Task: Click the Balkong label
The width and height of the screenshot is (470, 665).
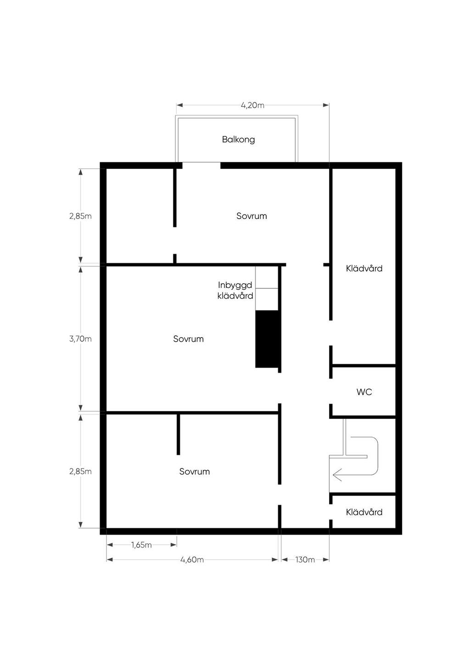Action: point(238,140)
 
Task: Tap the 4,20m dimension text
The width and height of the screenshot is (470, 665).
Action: point(252,105)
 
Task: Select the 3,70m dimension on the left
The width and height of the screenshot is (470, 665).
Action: point(80,339)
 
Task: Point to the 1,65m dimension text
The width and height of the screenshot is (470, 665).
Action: point(141,545)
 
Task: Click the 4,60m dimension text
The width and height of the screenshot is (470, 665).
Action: point(192,560)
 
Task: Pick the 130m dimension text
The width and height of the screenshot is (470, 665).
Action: point(305,560)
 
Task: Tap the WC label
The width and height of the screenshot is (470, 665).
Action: point(364,392)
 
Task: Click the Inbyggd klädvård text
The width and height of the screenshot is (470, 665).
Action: point(235,290)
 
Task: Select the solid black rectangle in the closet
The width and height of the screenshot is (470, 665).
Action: point(267,339)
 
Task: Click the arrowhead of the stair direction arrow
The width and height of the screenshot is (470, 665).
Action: point(336,475)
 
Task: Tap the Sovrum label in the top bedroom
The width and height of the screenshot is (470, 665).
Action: point(252,216)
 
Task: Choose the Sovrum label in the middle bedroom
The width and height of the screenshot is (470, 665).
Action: point(189,339)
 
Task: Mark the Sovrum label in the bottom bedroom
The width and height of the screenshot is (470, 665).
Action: point(194,472)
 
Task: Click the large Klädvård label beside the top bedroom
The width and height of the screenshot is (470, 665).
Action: point(364,268)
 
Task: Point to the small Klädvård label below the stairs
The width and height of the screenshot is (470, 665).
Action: point(364,512)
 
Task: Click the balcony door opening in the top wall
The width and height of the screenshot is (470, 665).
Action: point(201,165)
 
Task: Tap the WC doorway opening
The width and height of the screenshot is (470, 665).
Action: point(331,391)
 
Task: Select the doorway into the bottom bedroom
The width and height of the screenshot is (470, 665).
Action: point(280,495)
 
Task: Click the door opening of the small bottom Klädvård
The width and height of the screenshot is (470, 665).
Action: point(331,512)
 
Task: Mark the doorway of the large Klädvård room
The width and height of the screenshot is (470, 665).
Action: point(331,333)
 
